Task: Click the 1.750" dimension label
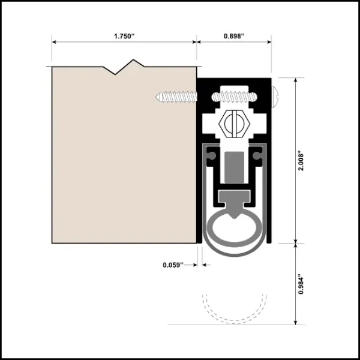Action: pos(124,36)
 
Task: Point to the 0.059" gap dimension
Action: pos(172,264)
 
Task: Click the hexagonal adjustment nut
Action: pos(231,124)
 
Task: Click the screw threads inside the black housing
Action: pos(234,96)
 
